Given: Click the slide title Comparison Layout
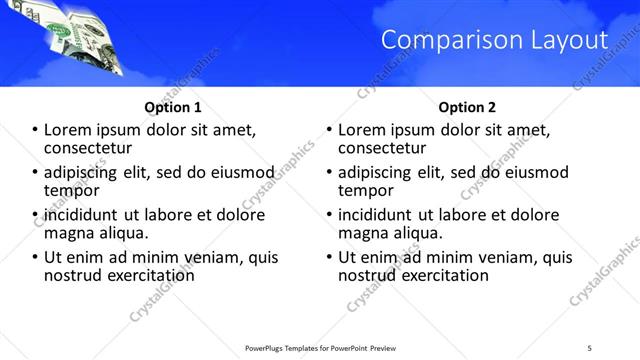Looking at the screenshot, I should coord(495,40).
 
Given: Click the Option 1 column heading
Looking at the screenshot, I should coord(172,107).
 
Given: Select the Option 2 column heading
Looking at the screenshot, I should coord(466,107).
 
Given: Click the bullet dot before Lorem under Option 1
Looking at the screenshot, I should coord(36,130).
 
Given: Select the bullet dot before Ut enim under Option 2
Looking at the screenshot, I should coord(331,257).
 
